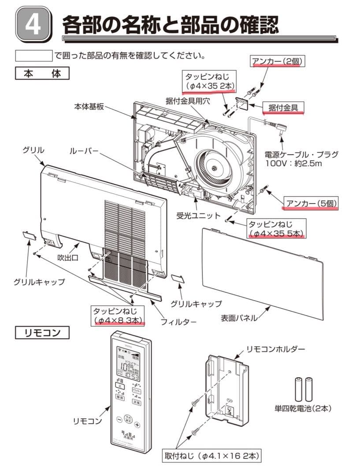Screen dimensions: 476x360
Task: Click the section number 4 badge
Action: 33,25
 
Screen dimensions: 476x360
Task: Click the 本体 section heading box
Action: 42,73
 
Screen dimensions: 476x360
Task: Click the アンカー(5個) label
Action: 312,203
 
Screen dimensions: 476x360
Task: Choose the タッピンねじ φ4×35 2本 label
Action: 210,81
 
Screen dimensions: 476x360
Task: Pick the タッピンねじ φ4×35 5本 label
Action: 276,228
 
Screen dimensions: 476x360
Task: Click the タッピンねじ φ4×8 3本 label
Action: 118,316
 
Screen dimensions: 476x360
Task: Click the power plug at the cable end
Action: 282,129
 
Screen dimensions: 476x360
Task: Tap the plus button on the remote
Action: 137,425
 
